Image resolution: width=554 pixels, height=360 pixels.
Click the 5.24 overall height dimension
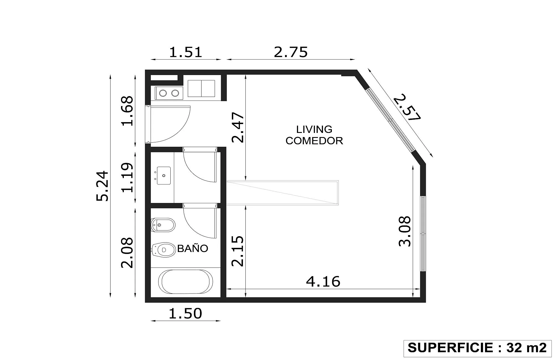102,186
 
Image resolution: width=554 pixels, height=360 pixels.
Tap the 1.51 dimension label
186,52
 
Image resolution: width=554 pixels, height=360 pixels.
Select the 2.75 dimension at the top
291,52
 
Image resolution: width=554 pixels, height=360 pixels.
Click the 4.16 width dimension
323,282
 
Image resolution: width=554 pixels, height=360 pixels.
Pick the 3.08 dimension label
404,232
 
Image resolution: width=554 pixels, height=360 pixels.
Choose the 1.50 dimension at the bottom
185,313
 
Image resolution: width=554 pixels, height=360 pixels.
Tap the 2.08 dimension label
127,253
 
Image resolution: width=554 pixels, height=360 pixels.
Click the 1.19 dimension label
127,178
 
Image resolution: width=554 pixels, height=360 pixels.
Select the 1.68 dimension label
127,111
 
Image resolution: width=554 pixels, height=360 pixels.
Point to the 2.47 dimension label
238,127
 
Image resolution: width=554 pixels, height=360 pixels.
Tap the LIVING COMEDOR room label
314,135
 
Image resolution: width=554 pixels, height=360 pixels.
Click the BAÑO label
193,248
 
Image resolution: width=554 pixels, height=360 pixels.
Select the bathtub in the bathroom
186,282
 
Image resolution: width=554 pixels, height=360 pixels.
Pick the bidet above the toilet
163,225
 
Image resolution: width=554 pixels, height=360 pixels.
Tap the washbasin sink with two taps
163,176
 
